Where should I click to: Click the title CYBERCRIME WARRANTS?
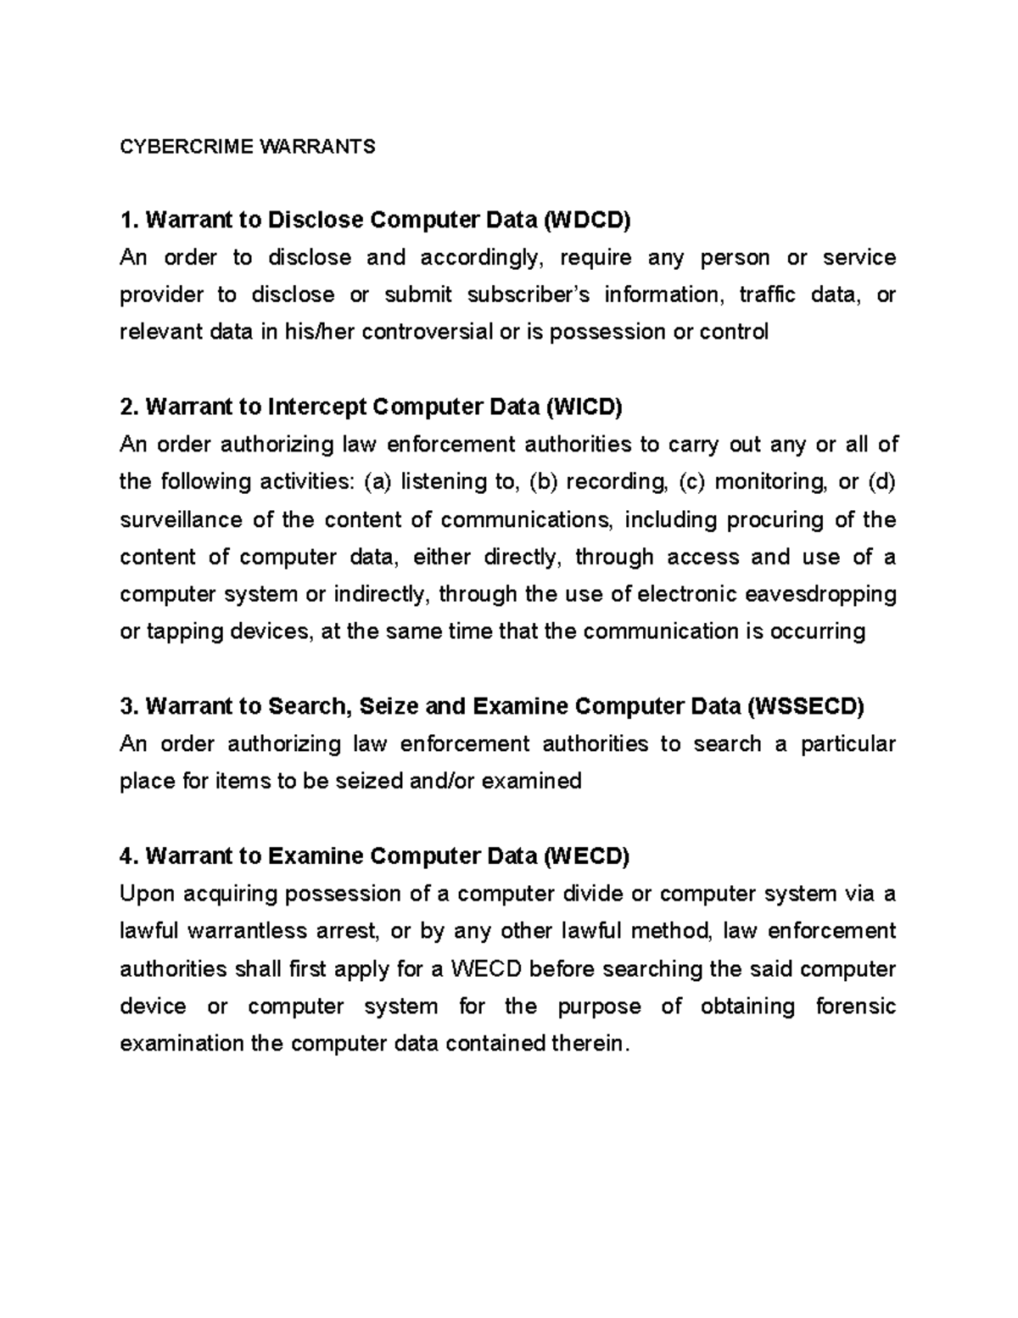[x=247, y=147]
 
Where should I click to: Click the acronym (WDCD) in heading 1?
[x=587, y=221]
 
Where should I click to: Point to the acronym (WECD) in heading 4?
[x=586, y=856]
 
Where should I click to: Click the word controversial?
[x=427, y=332]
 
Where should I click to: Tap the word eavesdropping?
[x=820, y=594]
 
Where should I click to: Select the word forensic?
[x=855, y=1007]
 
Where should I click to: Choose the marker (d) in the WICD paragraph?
[x=881, y=482]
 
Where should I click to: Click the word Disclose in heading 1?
[x=315, y=221]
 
